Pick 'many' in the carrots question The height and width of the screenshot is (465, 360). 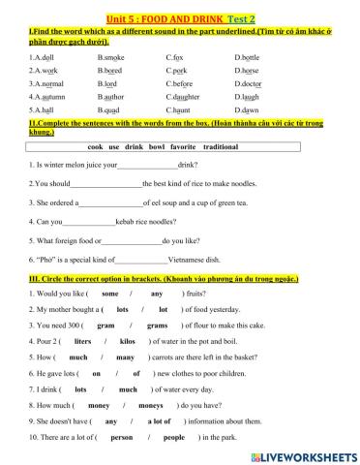click(x=125, y=356)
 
